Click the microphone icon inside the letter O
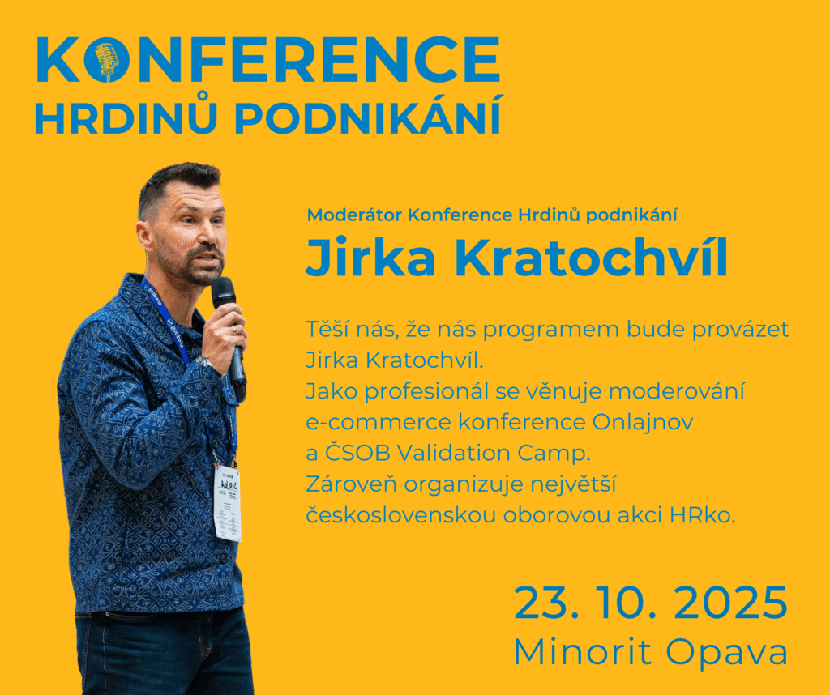click(x=106, y=61)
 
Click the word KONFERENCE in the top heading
click(x=268, y=60)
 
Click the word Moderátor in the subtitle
click(x=355, y=215)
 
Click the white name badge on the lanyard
click(x=228, y=503)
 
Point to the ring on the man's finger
click(x=234, y=330)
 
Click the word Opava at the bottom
click(x=727, y=653)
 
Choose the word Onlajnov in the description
click(x=643, y=422)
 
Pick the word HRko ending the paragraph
click(x=703, y=514)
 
